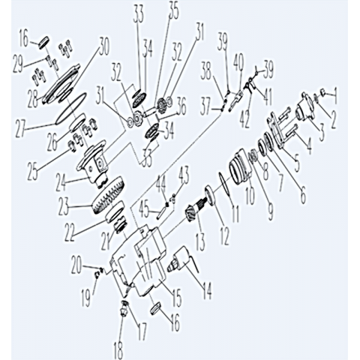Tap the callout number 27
tap(22, 127)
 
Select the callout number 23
tap(64, 206)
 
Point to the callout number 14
tap(206, 290)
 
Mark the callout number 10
tap(250, 193)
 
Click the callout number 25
tap(34, 172)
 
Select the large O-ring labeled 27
tap(71, 107)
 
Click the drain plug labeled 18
tap(124, 309)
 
